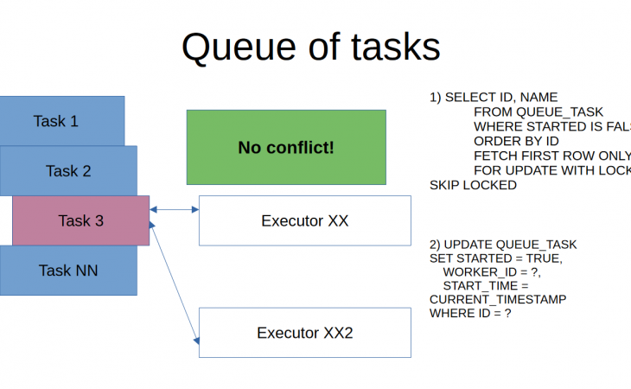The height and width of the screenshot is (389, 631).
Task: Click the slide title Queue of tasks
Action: pyautogui.click(x=310, y=48)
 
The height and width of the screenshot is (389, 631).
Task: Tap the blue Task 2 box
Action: pyautogui.click(x=68, y=170)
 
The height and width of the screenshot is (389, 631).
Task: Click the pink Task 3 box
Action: pyautogui.click(x=80, y=220)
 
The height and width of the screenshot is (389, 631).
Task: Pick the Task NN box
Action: pyautogui.click(x=68, y=271)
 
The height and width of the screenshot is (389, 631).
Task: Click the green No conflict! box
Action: pyautogui.click(x=286, y=147)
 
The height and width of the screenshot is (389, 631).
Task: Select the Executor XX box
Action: pyautogui.click(x=304, y=220)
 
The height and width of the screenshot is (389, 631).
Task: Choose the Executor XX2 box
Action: pyautogui.click(x=304, y=333)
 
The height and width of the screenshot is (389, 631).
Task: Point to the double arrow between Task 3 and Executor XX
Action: pyautogui.click(x=175, y=209)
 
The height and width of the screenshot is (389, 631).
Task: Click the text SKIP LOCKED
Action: pyautogui.click(x=473, y=185)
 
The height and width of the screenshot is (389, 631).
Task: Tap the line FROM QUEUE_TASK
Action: pyautogui.click(x=538, y=112)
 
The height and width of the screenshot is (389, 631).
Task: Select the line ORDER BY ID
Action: pyautogui.click(x=516, y=141)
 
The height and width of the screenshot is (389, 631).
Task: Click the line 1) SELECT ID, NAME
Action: pyautogui.click(x=494, y=98)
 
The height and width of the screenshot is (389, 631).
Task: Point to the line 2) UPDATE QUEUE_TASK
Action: pyautogui.click(x=503, y=245)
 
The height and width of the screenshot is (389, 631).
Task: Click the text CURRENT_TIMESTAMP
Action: pyautogui.click(x=498, y=299)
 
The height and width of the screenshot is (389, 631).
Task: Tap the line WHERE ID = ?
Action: pyautogui.click(x=470, y=313)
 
